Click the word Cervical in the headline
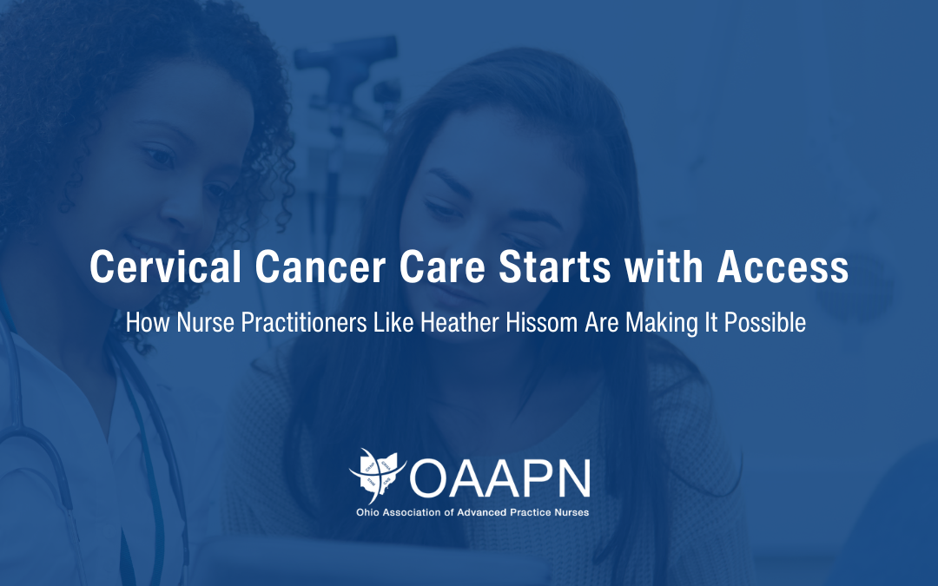click(166, 267)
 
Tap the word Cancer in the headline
click(320, 267)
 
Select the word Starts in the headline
click(554, 267)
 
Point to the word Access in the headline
click(783, 267)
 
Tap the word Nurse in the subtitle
click(205, 322)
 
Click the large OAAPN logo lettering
click(500, 478)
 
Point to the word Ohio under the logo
click(367, 512)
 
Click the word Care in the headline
click(442, 267)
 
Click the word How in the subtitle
click(149, 322)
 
